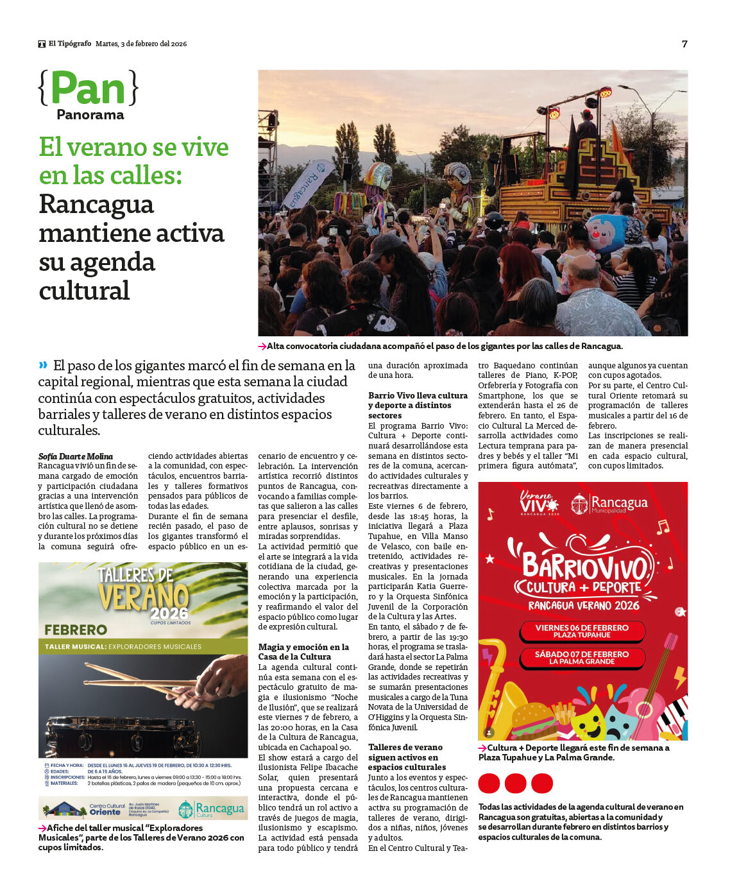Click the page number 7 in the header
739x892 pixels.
click(684, 44)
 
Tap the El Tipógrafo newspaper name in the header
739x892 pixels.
click(70, 44)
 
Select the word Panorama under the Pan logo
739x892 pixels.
click(90, 115)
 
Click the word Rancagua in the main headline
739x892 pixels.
click(96, 205)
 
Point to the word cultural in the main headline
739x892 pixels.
click(84, 291)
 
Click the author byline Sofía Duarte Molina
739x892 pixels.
click(75, 456)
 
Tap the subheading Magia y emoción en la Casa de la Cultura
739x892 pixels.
click(303, 651)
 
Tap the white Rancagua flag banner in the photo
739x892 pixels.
click(308, 184)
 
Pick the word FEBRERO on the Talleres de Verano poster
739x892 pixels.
click(76, 630)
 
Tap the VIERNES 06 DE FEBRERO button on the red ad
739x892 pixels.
click(582, 631)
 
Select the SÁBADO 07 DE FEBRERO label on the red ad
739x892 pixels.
click(582, 657)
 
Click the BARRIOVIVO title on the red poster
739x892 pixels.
click(584, 565)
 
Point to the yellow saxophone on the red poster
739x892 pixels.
click(498, 693)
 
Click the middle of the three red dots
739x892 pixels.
click(515, 784)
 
